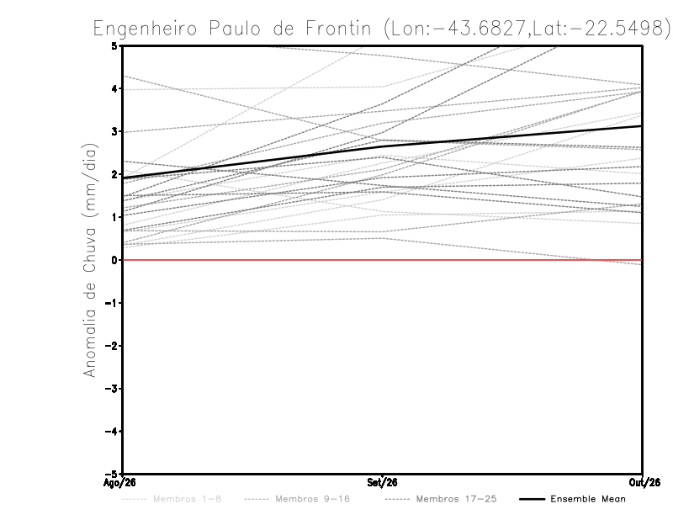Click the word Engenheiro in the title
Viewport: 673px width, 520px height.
tap(145, 29)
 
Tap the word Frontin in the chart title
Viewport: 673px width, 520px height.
tap(338, 29)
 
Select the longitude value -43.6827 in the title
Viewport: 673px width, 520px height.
tap(480, 29)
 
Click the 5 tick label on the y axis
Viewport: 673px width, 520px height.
tap(114, 46)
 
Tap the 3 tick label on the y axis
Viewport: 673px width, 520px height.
tap(114, 131)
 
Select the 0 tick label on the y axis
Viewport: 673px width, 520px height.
tap(114, 260)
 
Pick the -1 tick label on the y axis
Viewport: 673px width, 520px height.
tap(111, 303)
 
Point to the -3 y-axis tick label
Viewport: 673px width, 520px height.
tap(111, 389)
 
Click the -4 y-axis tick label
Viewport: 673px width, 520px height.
tap(111, 431)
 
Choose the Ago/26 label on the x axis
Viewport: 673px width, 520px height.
tap(119, 483)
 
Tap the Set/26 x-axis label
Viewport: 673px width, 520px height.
tap(382, 483)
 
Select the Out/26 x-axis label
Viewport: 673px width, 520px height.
tap(644, 483)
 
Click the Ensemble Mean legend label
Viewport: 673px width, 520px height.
tap(588, 499)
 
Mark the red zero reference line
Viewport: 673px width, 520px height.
tap(383, 260)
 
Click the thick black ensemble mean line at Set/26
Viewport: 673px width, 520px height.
tap(383, 146)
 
